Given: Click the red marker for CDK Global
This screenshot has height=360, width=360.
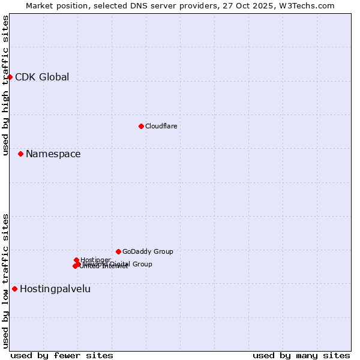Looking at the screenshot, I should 10,77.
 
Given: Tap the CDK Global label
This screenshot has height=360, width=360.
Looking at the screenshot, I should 42,77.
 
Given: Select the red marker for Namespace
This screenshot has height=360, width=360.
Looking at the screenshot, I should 21,154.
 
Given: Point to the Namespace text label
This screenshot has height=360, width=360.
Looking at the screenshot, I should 53,154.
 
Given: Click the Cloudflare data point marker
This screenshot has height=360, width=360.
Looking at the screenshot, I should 141,126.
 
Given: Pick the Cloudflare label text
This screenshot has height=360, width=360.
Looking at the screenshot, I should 161,126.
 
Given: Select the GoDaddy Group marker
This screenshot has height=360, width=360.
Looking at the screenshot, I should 118,251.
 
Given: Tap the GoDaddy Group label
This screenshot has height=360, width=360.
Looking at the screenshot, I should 148,251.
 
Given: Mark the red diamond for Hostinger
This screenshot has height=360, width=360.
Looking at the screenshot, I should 77,260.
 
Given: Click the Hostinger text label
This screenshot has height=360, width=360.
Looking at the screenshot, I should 95,260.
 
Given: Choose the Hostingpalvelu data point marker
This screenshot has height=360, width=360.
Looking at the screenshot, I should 15,289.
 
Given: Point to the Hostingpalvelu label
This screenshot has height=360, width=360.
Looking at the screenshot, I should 55,289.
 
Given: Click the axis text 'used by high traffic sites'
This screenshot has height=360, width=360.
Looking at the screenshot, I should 5,85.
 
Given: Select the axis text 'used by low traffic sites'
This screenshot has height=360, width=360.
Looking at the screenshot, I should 5,280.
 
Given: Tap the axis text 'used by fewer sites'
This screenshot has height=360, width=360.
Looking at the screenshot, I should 62,355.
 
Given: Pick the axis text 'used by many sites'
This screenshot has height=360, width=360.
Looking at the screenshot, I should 301,355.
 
